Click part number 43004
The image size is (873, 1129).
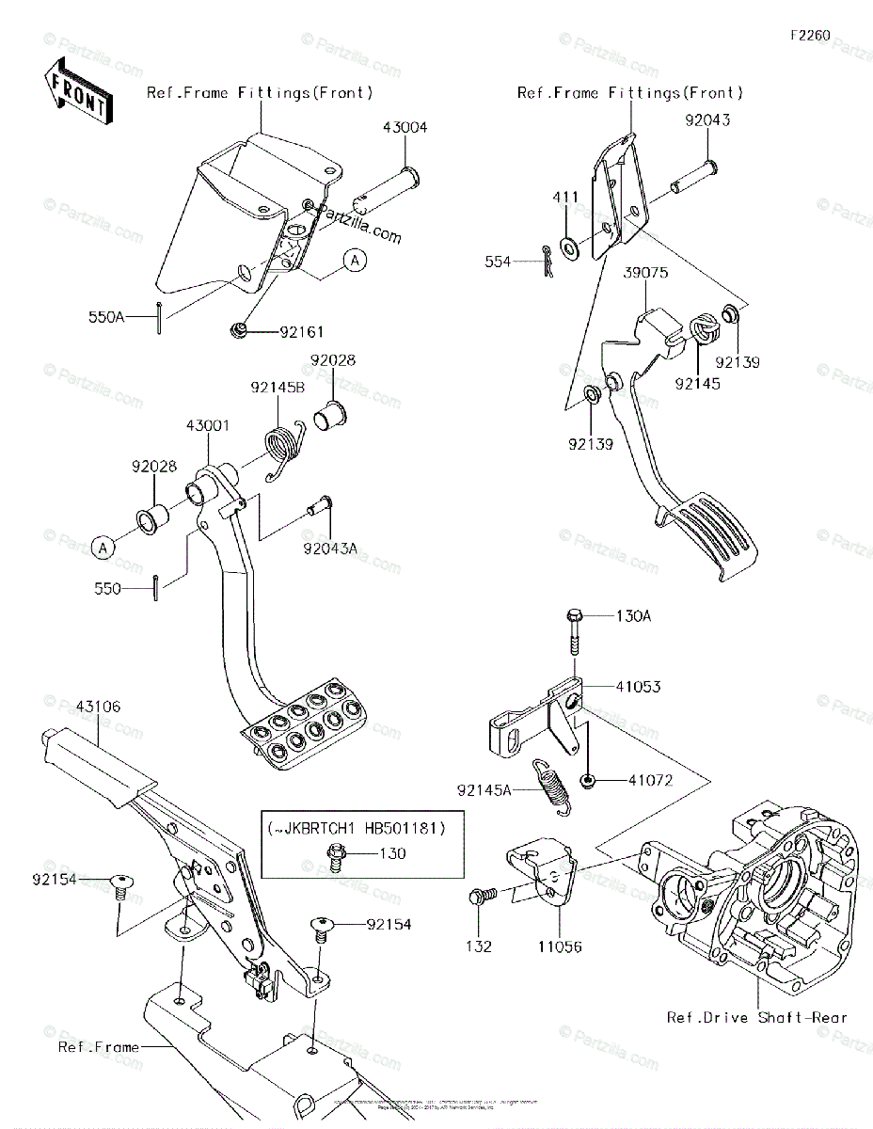pos(405,128)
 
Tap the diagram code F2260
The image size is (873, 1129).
pos(810,36)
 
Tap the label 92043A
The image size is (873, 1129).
pos(329,547)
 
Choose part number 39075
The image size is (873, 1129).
pos(643,274)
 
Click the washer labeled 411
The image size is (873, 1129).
pos(569,248)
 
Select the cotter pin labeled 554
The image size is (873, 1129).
pos(547,262)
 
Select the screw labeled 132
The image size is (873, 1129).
pos(479,898)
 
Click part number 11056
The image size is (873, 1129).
pos(561,946)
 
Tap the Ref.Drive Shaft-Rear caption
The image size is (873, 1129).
pos(757,1017)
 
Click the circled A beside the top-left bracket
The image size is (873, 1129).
pos(353,261)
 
